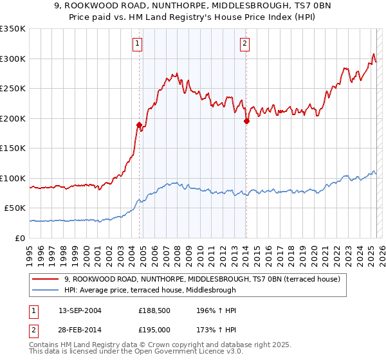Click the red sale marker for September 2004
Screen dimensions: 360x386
[139, 125]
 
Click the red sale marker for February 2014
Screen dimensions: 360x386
[246, 121]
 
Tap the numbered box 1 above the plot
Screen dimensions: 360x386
[138, 44]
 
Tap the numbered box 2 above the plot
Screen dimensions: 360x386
[245, 44]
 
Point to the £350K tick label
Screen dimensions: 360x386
[13, 29]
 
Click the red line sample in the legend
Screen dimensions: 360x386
[46, 279]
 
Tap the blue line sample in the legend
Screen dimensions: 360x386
[46, 290]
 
